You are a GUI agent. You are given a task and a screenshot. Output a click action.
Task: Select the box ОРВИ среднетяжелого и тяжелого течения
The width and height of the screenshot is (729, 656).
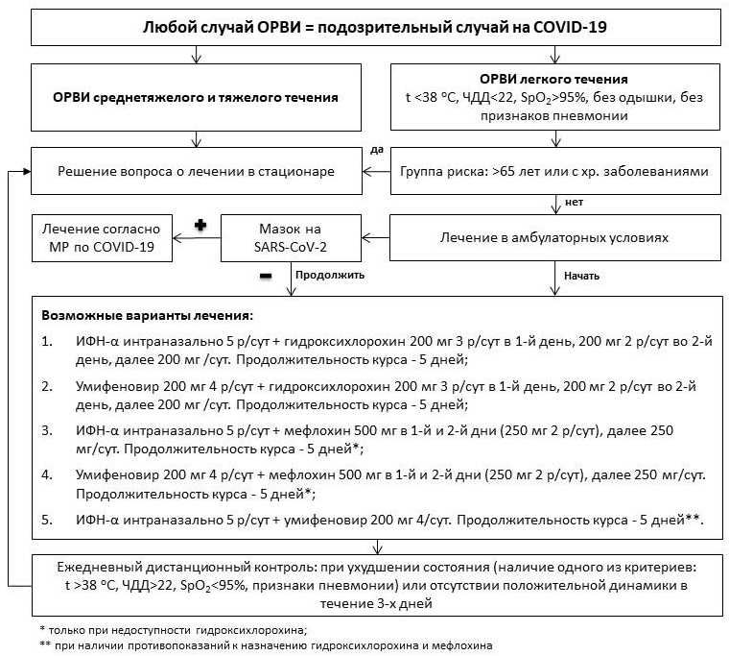coord(196,97)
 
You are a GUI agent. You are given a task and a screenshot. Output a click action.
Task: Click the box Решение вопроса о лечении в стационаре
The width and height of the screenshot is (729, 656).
coord(196,172)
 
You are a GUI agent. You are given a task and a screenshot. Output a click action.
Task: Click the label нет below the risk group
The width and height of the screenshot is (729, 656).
coord(575,203)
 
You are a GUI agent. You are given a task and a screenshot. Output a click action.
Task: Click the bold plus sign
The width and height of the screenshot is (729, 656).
coord(200,225)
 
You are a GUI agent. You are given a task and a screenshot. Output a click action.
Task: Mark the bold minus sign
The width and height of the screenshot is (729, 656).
coord(264,276)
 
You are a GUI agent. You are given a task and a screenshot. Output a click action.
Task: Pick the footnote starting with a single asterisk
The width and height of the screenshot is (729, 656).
coord(172,629)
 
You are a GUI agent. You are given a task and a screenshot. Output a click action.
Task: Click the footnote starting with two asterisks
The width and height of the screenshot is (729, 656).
coord(258,645)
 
